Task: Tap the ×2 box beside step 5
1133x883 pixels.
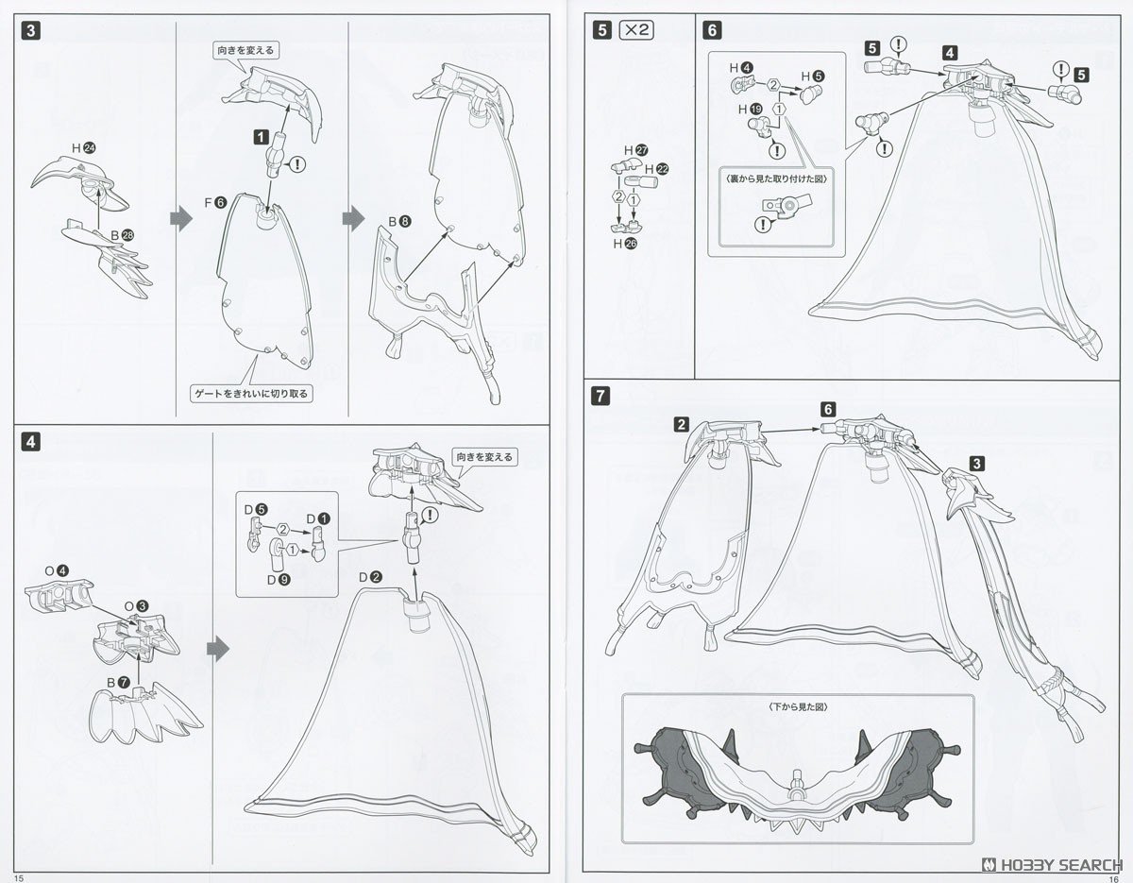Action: click(637, 29)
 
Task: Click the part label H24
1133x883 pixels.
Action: click(84, 147)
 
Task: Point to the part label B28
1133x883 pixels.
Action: click(121, 234)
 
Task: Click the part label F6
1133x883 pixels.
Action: click(214, 201)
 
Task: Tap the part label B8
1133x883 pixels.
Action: click(398, 223)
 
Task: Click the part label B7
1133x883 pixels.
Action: click(117, 681)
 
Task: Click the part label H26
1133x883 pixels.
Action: click(623, 243)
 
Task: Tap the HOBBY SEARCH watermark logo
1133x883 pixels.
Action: click(1049, 863)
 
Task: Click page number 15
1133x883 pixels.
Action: click(19, 876)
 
